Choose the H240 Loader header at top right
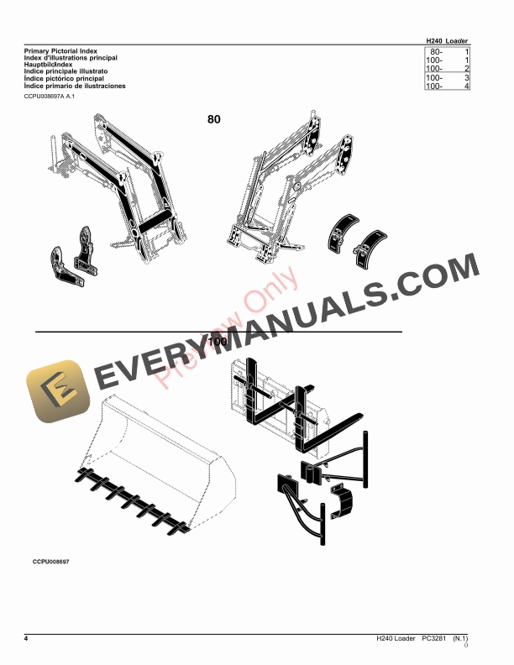tap(448, 40)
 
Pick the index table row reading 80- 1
tap(448, 52)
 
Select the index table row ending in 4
tap(448, 86)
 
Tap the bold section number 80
tap(214, 120)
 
